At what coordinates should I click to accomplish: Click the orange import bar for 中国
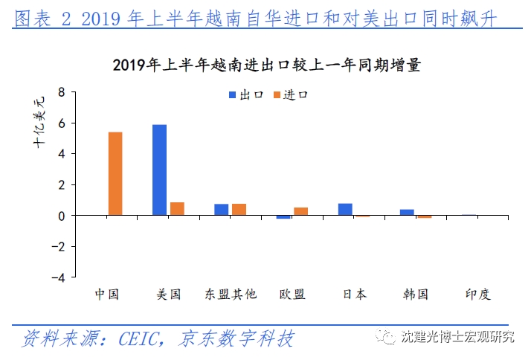(x=115, y=174)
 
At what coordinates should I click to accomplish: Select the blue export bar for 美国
(x=159, y=170)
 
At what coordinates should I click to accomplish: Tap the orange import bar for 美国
(x=177, y=209)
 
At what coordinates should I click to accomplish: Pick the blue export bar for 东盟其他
(x=222, y=210)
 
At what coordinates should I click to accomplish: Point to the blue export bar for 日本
(x=345, y=209)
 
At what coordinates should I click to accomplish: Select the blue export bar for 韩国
(x=407, y=213)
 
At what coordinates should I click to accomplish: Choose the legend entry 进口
(x=290, y=95)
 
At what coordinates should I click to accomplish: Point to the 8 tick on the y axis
(x=62, y=92)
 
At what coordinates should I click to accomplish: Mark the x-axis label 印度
(x=477, y=294)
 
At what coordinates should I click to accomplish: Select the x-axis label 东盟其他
(x=231, y=294)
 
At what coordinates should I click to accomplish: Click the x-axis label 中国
(x=107, y=294)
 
